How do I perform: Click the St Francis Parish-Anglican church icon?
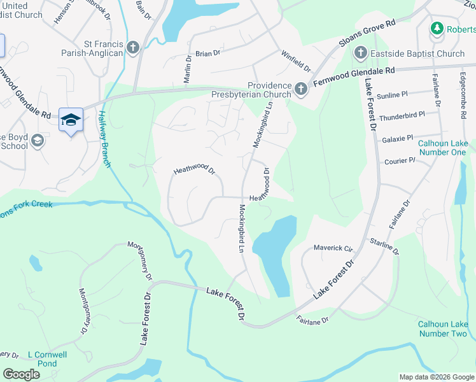[132, 47]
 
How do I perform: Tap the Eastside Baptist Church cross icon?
[360, 53]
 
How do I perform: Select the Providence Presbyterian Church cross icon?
[301, 90]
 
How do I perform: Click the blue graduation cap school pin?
[71, 120]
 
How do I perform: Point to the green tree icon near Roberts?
[437, 28]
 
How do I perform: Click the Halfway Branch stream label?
[105, 139]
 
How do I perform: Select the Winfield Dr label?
[297, 61]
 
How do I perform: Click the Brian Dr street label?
[207, 54]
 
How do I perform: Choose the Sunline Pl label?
[393, 95]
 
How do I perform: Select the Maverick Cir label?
[333, 248]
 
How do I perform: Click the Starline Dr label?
[384, 246]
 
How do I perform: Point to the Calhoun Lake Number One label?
[442, 148]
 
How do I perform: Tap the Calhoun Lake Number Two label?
[442, 329]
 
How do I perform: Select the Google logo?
[21, 374]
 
